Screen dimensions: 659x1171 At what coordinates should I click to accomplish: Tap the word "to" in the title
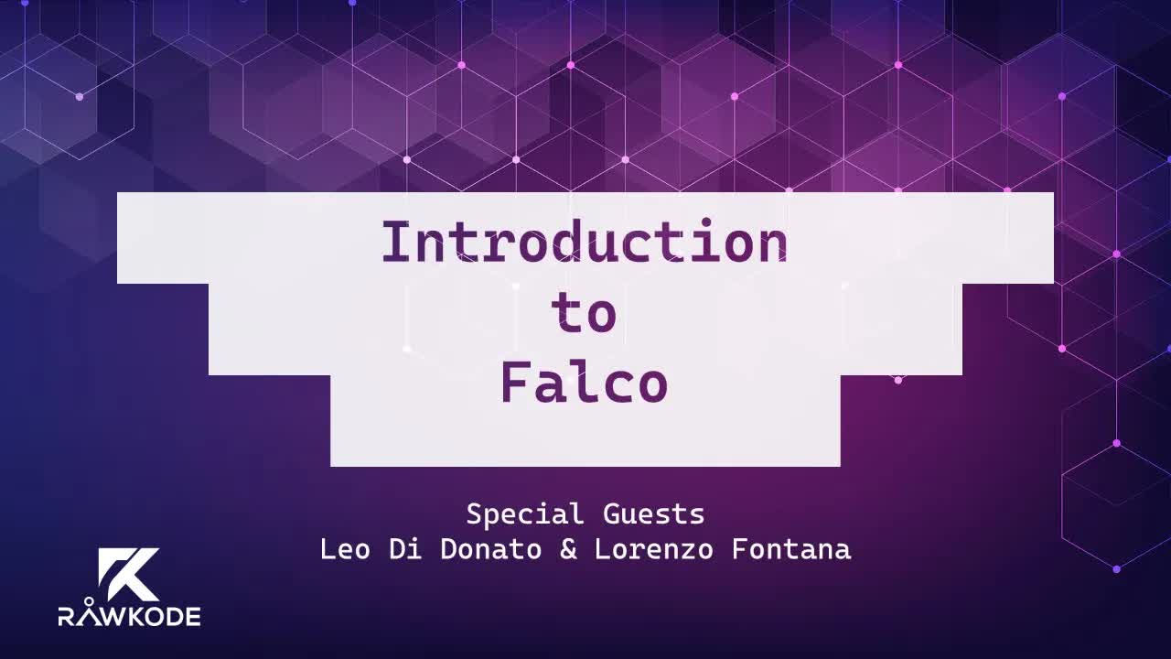584,314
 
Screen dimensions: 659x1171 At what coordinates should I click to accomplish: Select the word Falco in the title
584,384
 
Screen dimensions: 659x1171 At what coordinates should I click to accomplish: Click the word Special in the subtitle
524,514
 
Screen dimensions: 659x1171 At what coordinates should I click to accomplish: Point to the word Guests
653,514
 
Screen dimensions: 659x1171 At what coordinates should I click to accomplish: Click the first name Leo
345,549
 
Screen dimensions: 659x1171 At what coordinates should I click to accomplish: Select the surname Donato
491,549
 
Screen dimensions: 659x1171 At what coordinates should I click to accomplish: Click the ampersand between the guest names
568,549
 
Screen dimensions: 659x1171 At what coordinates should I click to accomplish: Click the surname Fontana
791,549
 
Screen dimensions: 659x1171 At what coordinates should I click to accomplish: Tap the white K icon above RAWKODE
128,574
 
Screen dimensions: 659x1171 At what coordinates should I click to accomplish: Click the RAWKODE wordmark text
129,616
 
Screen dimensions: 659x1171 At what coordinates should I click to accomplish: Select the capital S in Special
474,514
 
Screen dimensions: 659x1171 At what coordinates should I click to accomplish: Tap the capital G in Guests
610,514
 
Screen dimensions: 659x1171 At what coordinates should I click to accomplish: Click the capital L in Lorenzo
602,549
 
